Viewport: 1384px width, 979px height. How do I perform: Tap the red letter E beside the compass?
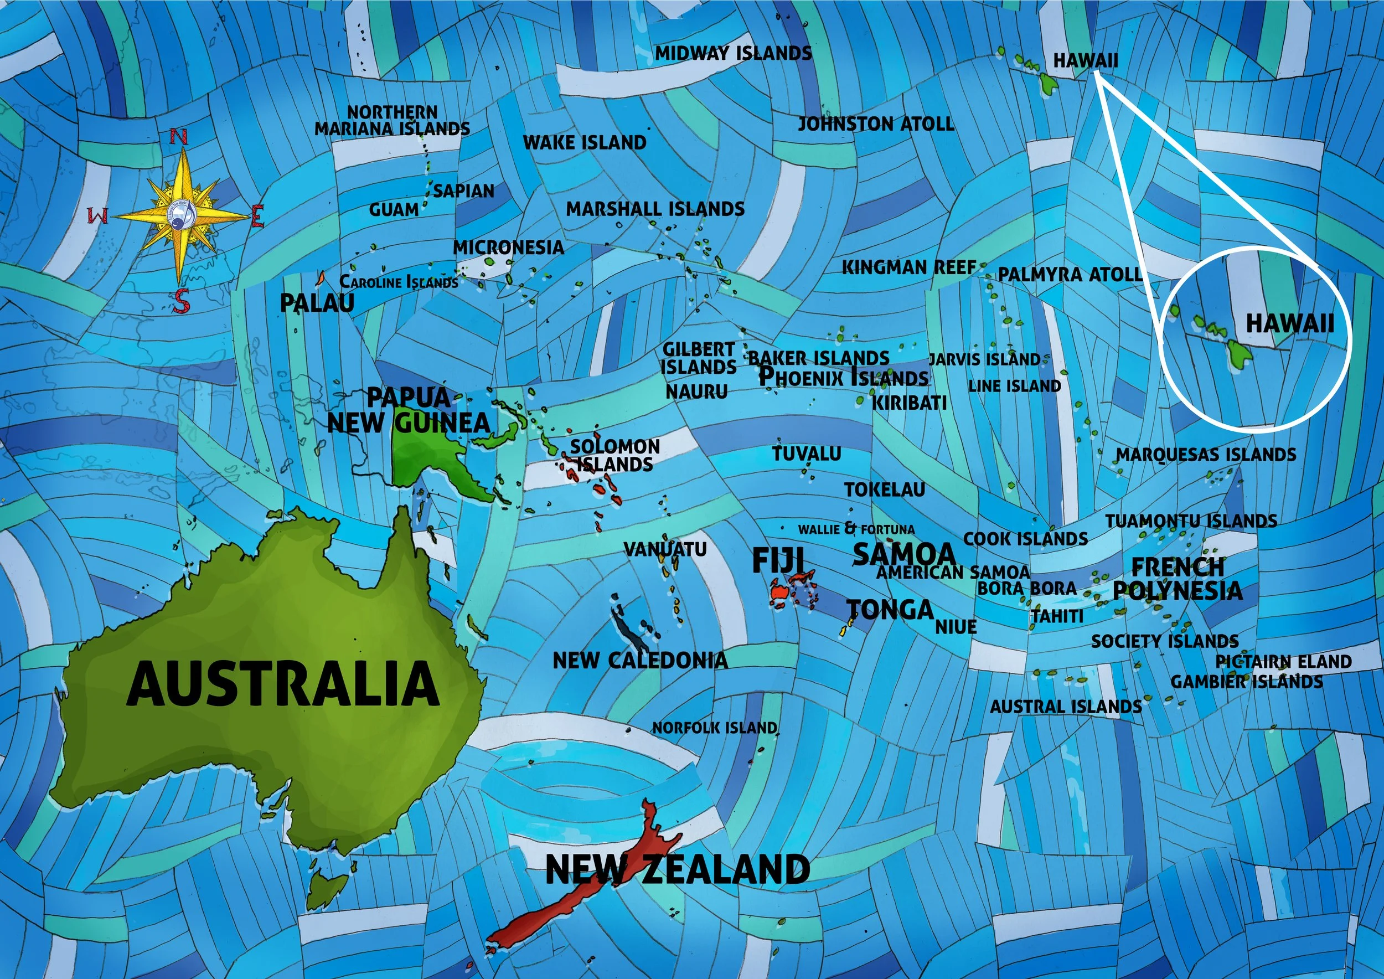point(257,216)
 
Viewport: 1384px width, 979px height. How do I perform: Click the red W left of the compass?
point(99,216)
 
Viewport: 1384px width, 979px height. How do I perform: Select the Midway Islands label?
point(733,54)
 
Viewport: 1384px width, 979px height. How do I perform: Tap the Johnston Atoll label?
point(876,124)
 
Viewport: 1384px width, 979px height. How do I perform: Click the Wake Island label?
point(584,143)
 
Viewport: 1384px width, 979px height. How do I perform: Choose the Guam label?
point(394,210)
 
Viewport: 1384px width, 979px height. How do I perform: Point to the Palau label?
point(317,303)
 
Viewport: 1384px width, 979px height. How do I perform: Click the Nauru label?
point(696,392)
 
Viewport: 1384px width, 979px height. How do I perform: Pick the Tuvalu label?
point(807,454)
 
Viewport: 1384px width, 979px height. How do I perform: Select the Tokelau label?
point(884,489)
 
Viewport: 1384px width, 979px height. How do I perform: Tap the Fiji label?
point(778,560)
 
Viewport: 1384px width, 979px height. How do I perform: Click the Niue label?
point(956,627)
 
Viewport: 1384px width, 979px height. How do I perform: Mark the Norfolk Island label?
point(714,728)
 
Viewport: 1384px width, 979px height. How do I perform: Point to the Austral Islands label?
point(1066,706)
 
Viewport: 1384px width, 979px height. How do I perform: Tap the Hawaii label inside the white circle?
point(1289,324)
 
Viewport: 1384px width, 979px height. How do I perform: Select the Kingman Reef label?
point(908,267)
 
